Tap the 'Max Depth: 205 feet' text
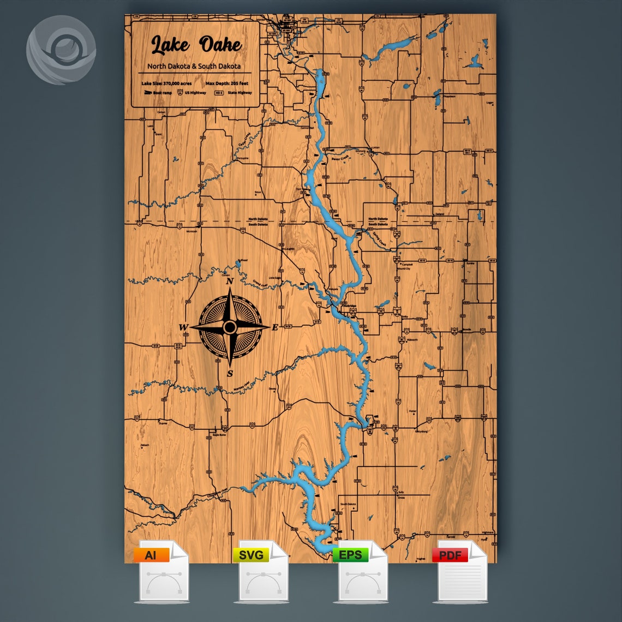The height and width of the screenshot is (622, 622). (x=227, y=83)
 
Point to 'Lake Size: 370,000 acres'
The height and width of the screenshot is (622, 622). (x=164, y=83)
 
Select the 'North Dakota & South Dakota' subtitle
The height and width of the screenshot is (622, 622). (x=194, y=66)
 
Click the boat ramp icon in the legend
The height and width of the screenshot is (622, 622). (x=147, y=93)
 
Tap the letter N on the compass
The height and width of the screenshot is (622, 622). (x=230, y=282)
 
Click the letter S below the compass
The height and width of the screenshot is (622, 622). (x=230, y=374)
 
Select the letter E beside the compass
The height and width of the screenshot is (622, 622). (x=275, y=327)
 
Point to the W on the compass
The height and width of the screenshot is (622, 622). (x=183, y=327)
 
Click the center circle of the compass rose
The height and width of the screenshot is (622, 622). (x=230, y=327)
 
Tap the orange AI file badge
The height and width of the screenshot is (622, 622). (x=150, y=555)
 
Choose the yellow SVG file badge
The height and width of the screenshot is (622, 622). (x=251, y=555)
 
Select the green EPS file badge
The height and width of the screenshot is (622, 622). (x=350, y=555)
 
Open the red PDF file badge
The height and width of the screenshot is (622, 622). (x=450, y=555)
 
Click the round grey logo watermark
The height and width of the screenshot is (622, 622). (x=61, y=50)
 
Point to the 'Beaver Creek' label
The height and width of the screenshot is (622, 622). (x=339, y=159)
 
